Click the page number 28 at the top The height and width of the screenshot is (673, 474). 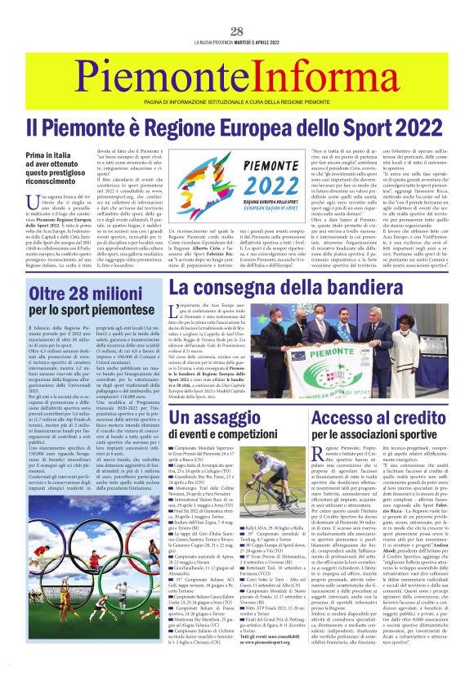[x=237, y=32]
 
